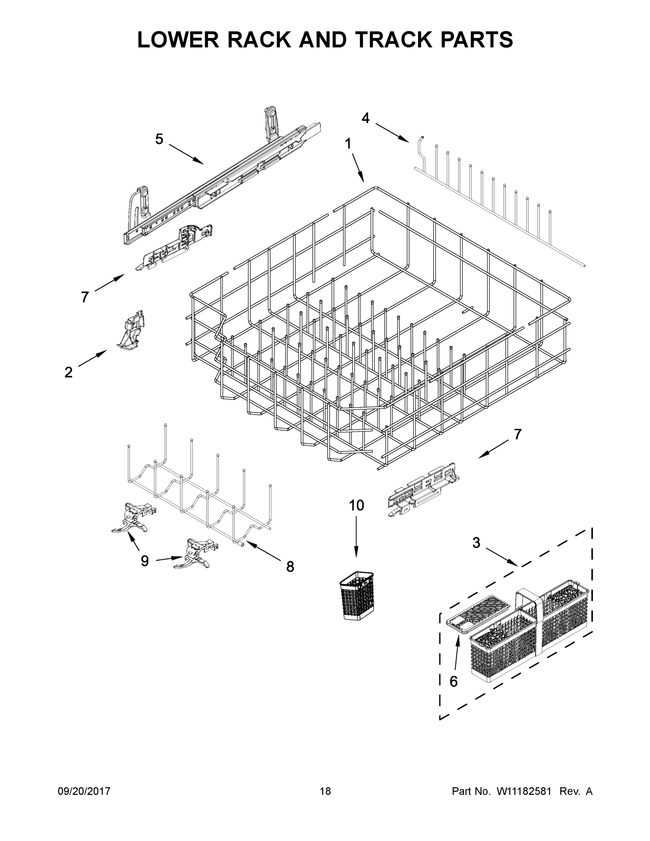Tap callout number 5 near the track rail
click(x=159, y=139)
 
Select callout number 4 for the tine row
click(x=365, y=118)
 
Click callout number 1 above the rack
click(x=348, y=144)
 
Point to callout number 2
click(x=68, y=372)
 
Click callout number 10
click(x=356, y=505)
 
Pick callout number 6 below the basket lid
click(x=454, y=682)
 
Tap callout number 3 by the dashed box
click(x=476, y=543)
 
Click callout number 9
click(x=144, y=561)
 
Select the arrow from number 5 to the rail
click(x=186, y=155)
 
